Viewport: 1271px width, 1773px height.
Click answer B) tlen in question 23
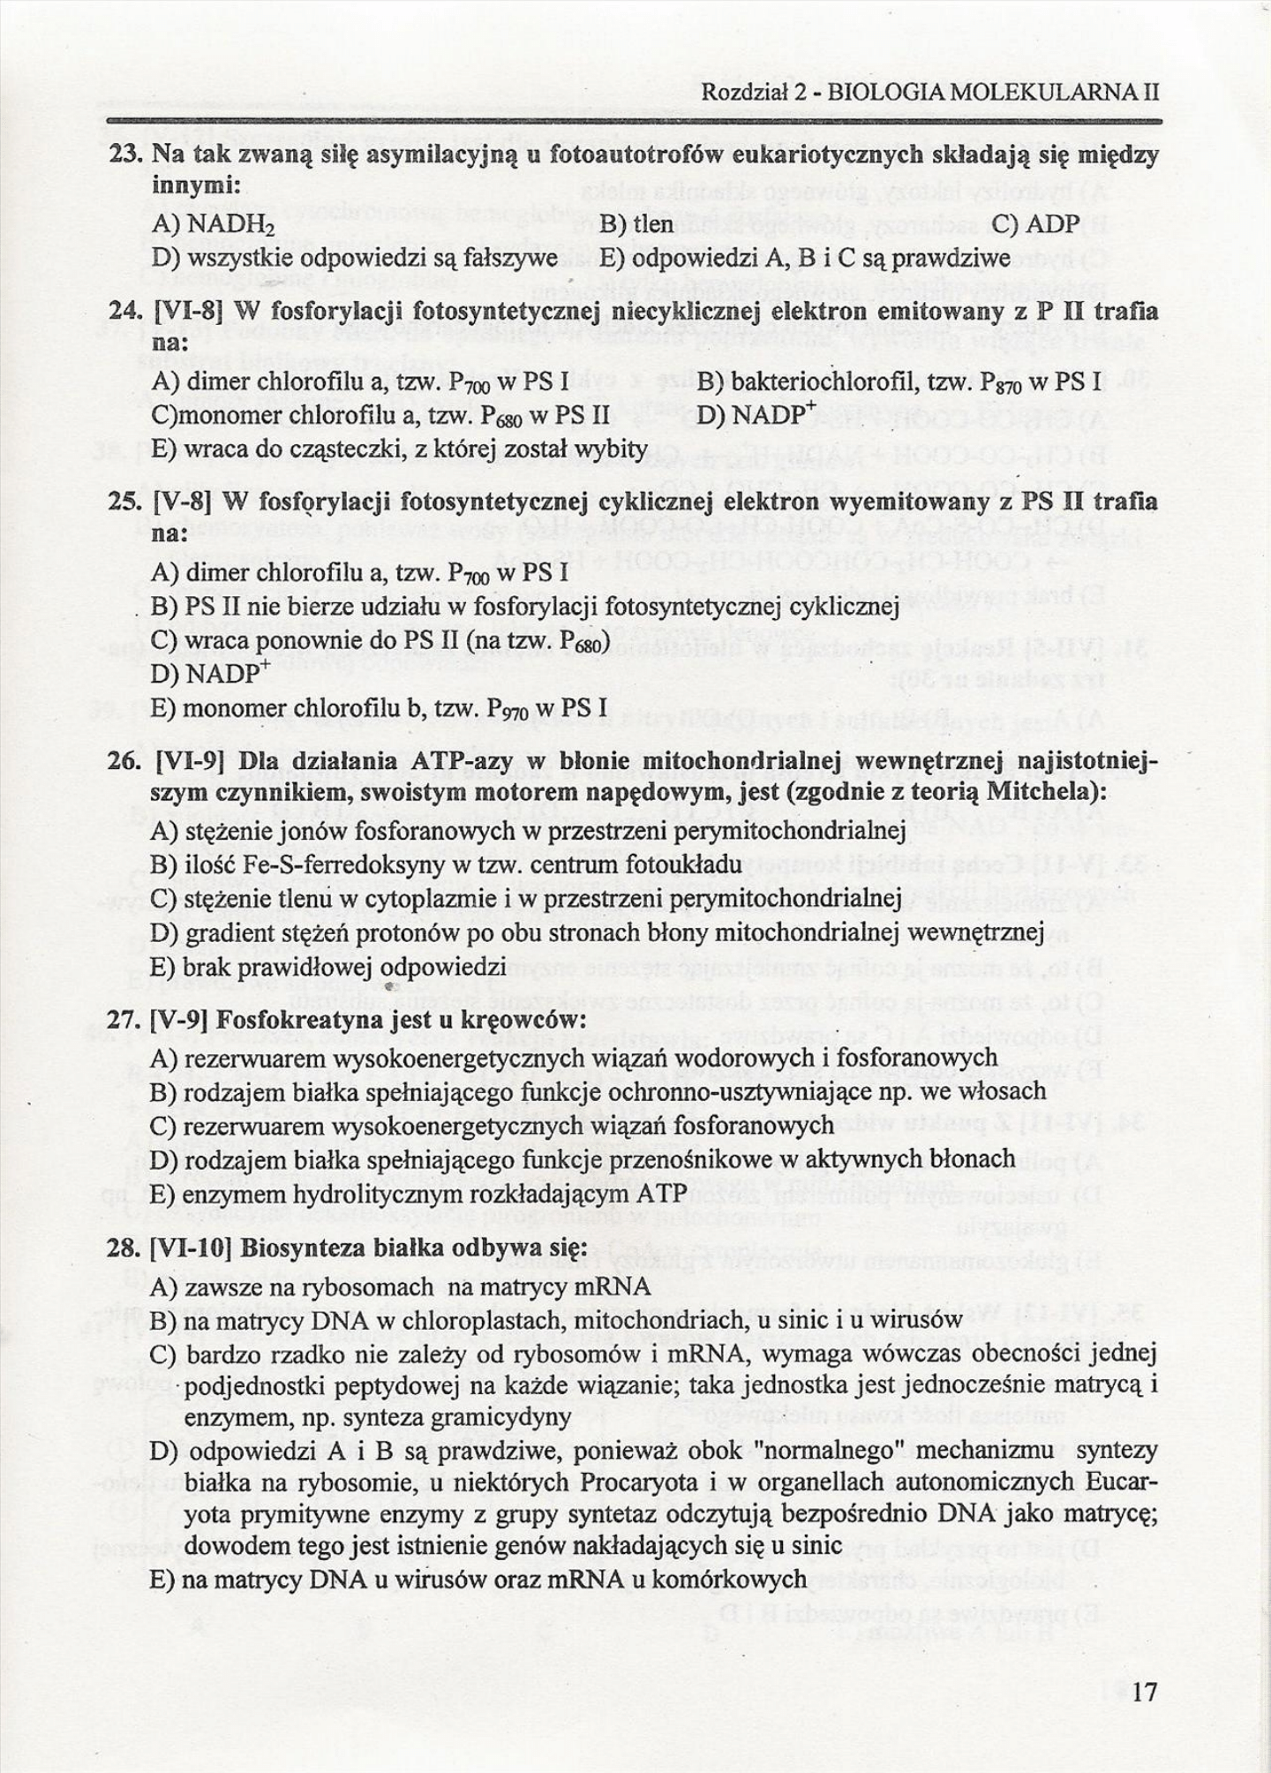(x=636, y=224)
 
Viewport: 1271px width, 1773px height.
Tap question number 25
(x=127, y=502)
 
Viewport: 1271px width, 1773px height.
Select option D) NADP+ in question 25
(x=209, y=675)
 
